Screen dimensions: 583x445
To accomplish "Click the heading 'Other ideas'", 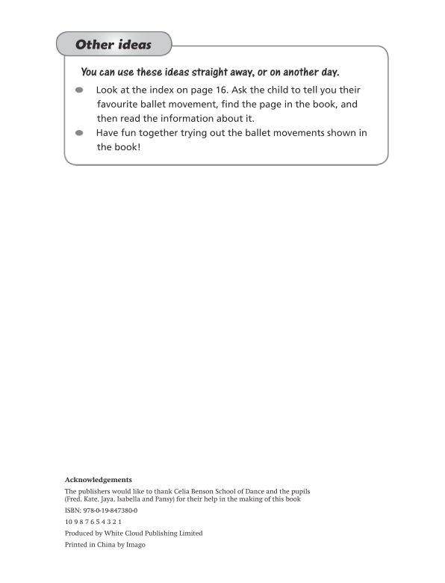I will point(113,45).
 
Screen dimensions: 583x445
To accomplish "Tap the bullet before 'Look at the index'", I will point(79,90).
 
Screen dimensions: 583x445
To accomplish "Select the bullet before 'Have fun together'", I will point(79,133).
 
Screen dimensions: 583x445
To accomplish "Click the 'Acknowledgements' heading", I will point(99,478).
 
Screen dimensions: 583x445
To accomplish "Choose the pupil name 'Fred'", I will point(75,499).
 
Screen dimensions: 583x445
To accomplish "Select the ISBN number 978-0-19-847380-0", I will point(111,510).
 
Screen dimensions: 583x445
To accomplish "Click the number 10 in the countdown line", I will point(69,521).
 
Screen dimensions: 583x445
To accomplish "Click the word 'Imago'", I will point(135,545).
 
